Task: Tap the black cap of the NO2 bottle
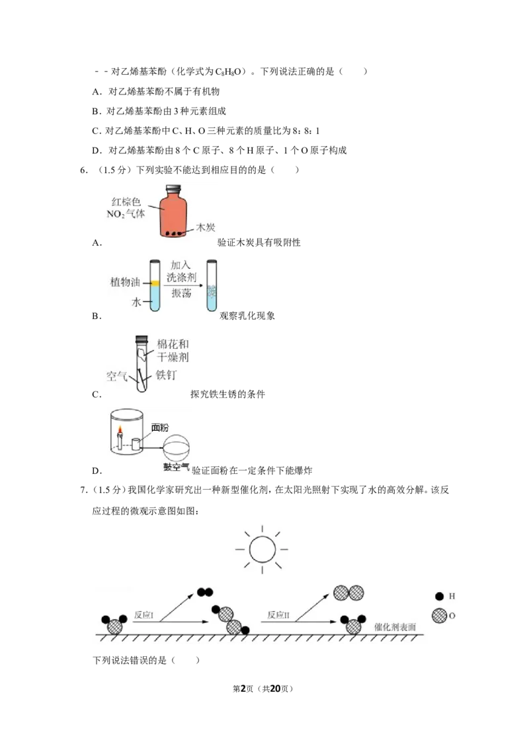coord(173,188)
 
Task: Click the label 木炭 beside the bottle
coord(206,227)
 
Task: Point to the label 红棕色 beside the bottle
coord(126,202)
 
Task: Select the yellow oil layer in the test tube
coord(155,283)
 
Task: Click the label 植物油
coord(125,282)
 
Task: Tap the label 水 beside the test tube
coord(136,302)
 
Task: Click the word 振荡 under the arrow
coord(181,293)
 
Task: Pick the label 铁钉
coord(166,375)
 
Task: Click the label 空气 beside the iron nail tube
coord(116,377)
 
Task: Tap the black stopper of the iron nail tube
coord(142,340)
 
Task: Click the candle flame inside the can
coord(120,431)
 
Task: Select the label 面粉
coord(160,428)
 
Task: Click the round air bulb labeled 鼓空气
coord(176,448)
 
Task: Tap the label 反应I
coord(143,615)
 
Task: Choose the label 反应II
coord(278,615)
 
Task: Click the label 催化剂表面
coord(395,627)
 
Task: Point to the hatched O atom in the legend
coord(439,615)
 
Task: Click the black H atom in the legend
coord(439,596)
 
